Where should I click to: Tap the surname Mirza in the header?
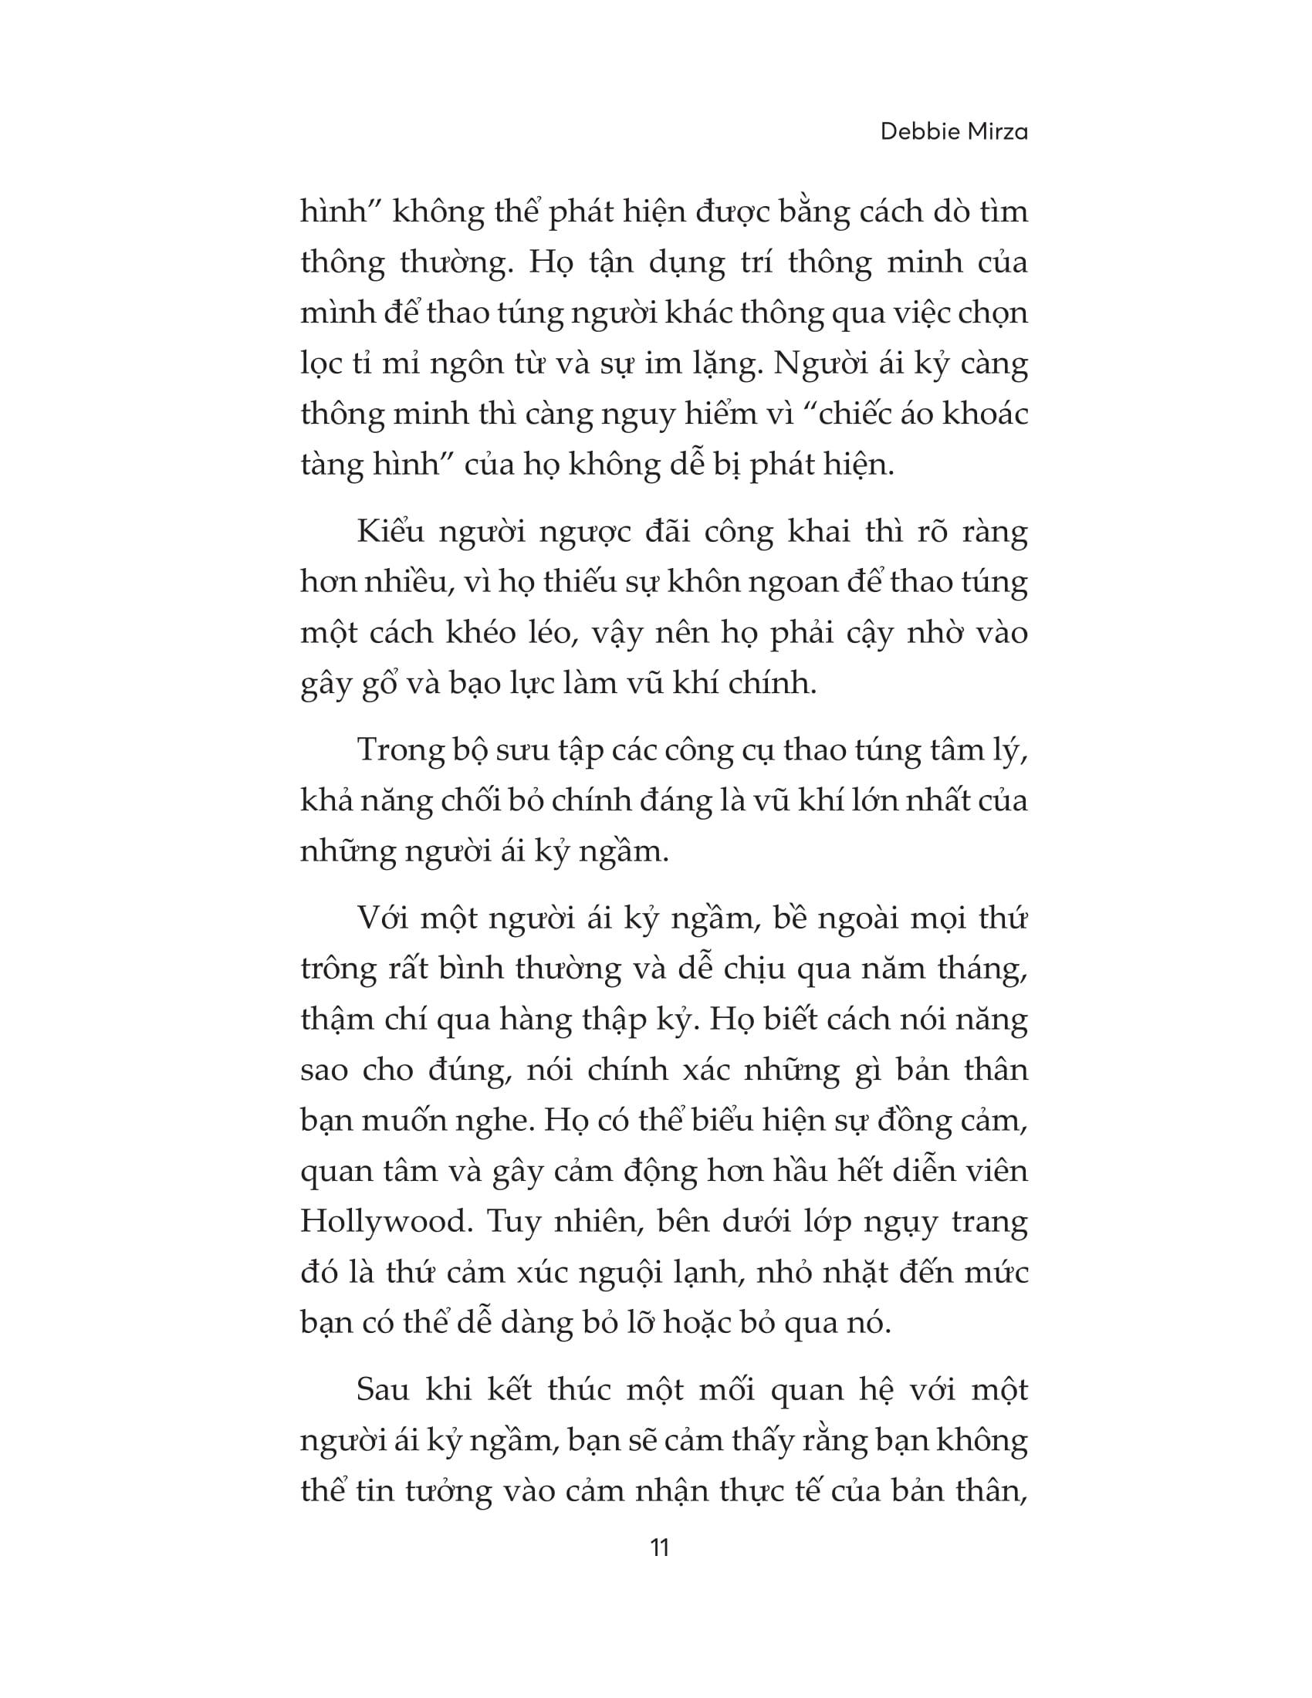(x=998, y=131)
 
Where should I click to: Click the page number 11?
(x=658, y=1570)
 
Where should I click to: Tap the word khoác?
(x=985, y=414)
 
